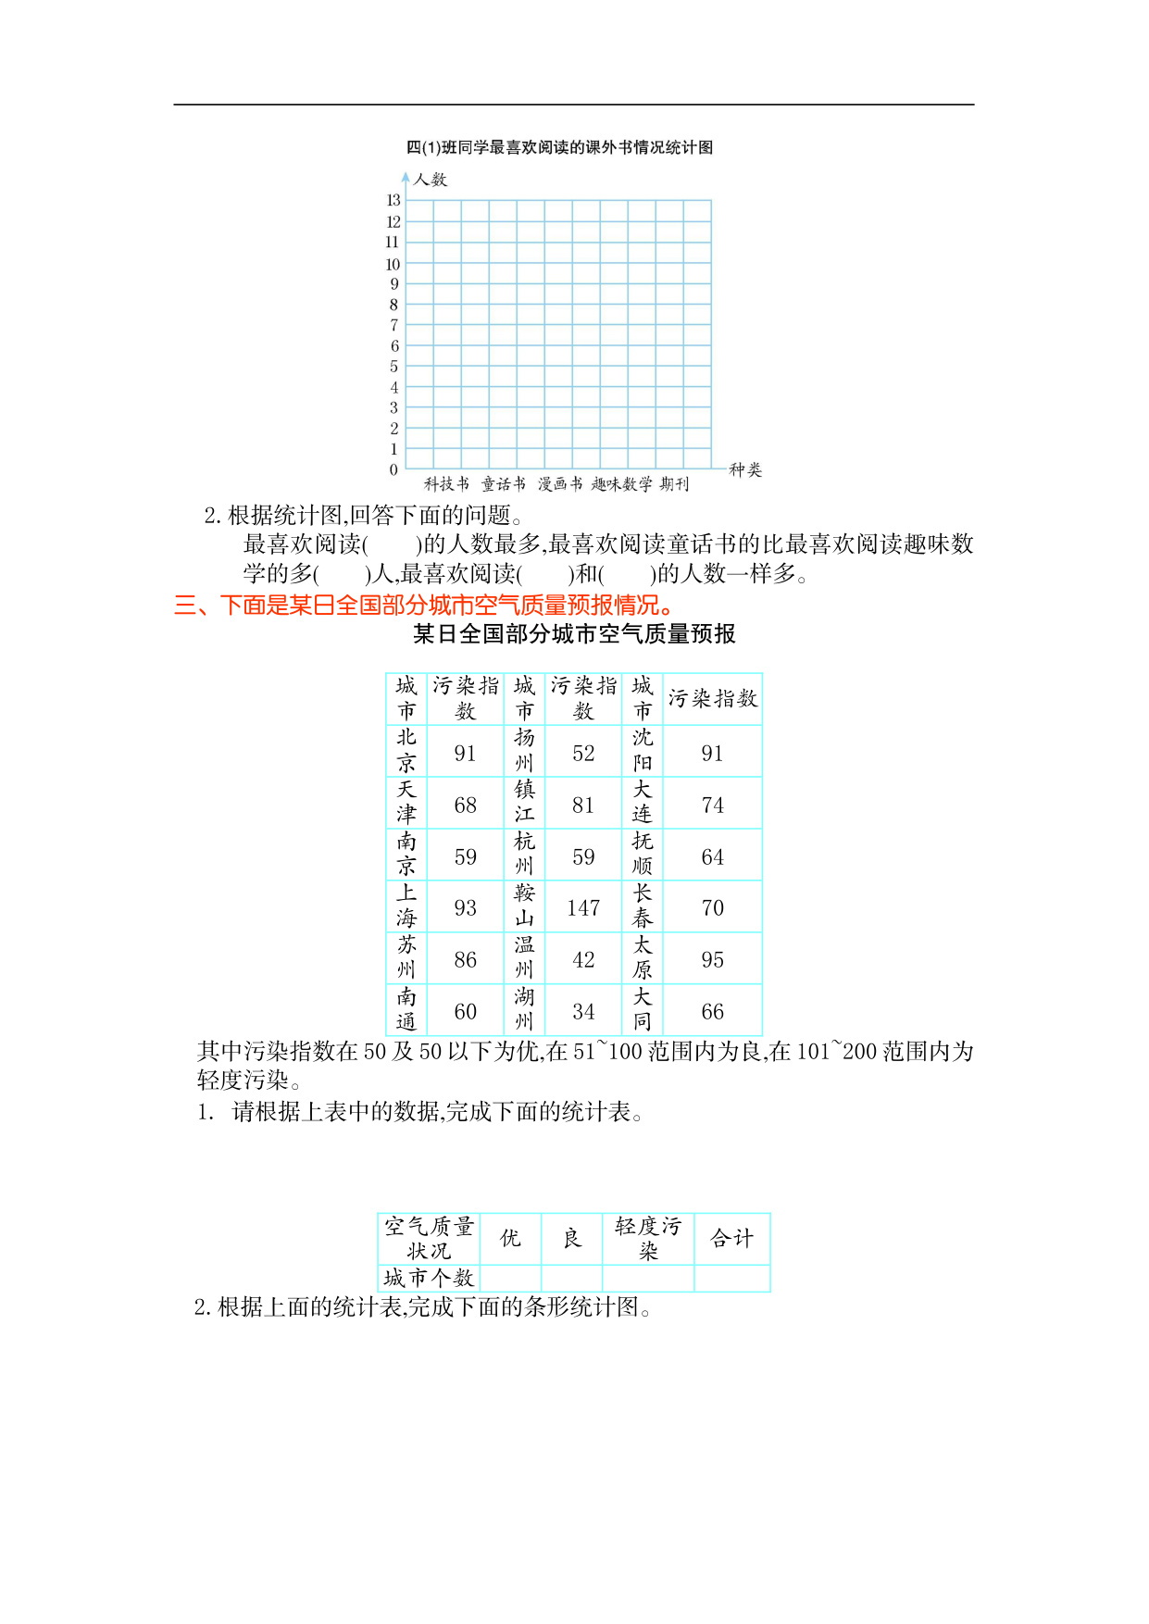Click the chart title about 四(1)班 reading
click(559, 147)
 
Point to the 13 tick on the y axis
click(393, 200)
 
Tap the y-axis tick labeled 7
click(394, 325)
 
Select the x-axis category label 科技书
click(446, 483)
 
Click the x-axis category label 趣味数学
click(621, 483)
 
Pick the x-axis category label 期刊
click(675, 483)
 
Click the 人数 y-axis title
click(430, 180)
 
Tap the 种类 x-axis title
click(745, 469)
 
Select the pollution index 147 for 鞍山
click(583, 907)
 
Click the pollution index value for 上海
click(465, 907)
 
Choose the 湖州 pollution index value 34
click(583, 1011)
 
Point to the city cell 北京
click(406, 750)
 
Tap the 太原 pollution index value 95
click(712, 959)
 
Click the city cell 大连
click(642, 802)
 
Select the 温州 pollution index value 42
click(583, 959)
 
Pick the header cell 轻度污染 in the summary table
click(647, 1238)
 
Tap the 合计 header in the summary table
click(731, 1238)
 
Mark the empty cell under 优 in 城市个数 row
click(510, 1278)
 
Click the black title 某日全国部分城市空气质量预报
click(574, 634)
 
